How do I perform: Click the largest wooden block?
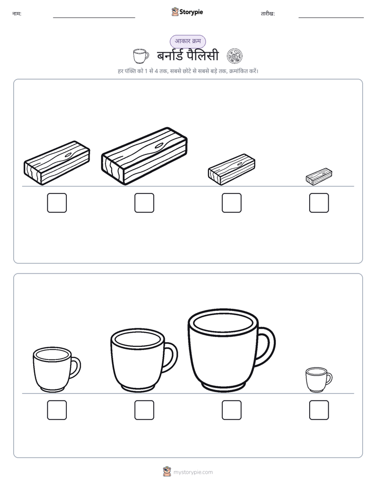144,156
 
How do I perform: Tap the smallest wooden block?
319,177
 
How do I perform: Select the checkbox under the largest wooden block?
144,203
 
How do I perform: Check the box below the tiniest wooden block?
319,203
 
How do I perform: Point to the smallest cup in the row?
319,379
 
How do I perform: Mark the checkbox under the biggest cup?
232,410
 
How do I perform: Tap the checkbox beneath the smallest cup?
319,410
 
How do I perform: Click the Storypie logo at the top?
187,12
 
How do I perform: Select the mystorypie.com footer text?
193,472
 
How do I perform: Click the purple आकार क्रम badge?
187,41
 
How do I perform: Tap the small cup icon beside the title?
141,56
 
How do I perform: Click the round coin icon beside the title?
234,56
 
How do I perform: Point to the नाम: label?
17,14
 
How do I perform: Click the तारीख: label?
268,14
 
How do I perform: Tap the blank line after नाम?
94,18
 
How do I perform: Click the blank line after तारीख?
331,18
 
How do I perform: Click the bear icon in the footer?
167,472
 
